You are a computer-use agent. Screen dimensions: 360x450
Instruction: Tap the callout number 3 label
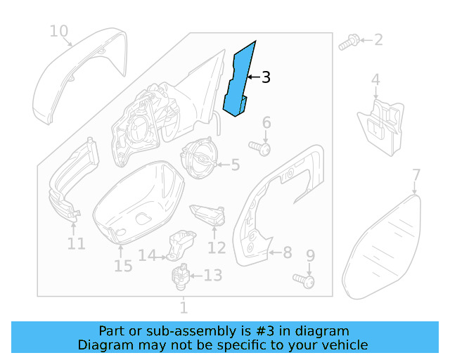pyautogui.click(x=266, y=77)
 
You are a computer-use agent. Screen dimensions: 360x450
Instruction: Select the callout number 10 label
pyautogui.click(x=59, y=31)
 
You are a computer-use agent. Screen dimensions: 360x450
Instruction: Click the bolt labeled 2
pyautogui.click(x=346, y=44)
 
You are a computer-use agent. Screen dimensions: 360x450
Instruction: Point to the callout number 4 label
pyautogui.click(x=375, y=80)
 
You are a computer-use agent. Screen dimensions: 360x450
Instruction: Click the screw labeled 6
pyautogui.click(x=263, y=149)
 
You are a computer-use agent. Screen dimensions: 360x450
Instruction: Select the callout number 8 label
pyautogui.click(x=287, y=252)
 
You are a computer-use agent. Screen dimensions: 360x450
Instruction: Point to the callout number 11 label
pyautogui.click(x=76, y=244)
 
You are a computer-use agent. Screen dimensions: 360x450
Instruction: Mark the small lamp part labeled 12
pyautogui.click(x=208, y=214)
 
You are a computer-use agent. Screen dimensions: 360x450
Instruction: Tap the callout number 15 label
pyautogui.click(x=123, y=266)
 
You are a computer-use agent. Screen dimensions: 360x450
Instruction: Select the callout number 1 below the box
pyautogui.click(x=184, y=307)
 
